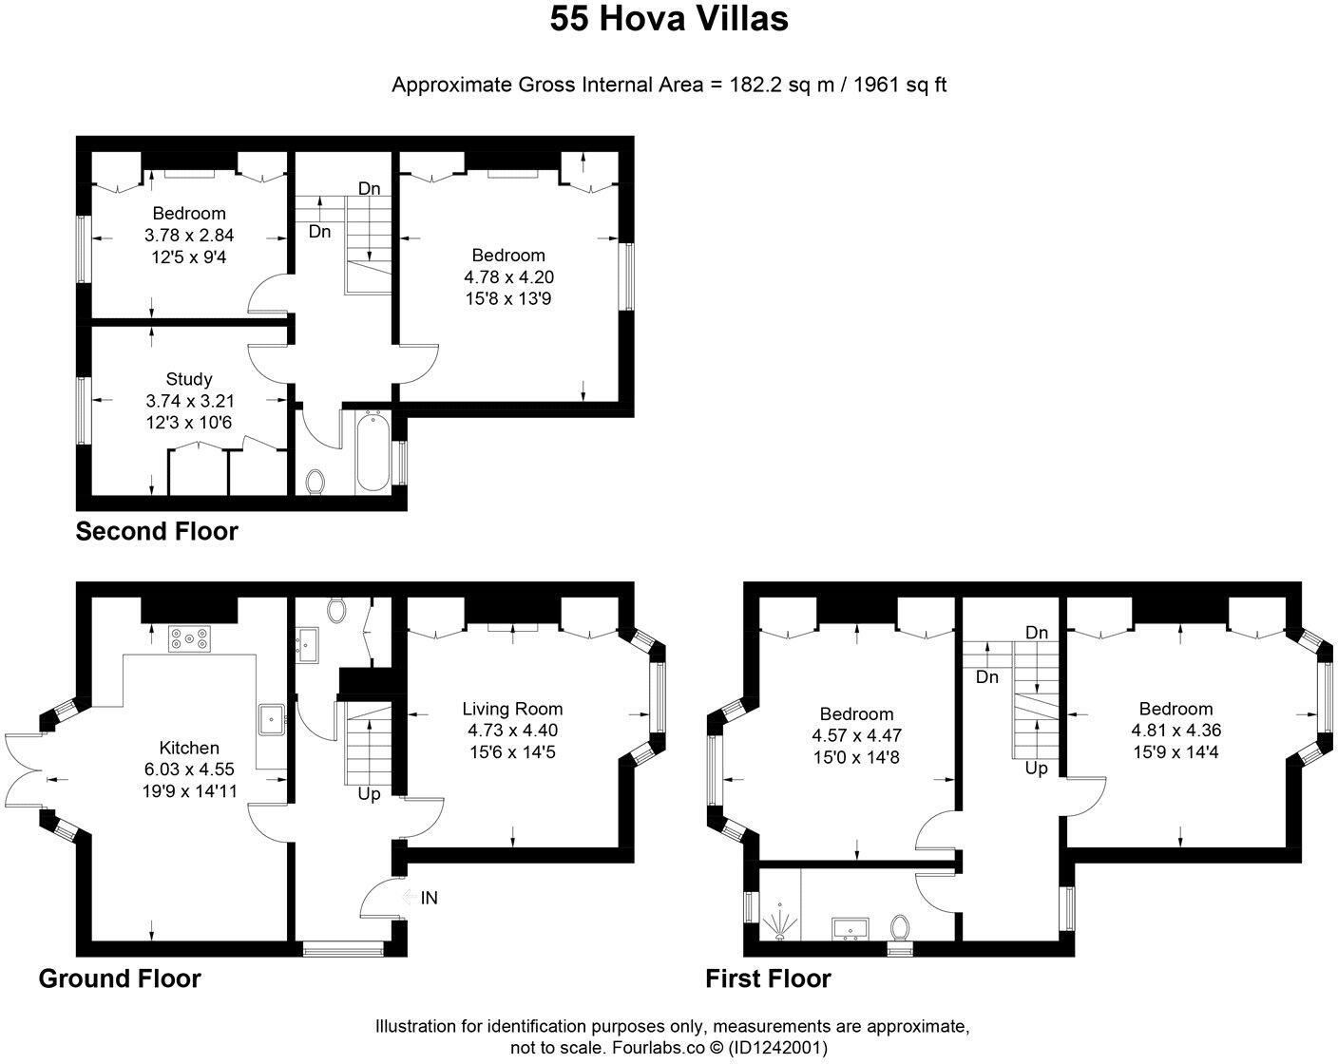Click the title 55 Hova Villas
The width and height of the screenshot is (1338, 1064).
669,19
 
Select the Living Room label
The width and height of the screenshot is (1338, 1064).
512,709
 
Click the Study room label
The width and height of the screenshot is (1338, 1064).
189,379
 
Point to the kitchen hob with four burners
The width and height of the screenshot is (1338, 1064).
189,639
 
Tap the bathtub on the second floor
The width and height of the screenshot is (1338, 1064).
373,451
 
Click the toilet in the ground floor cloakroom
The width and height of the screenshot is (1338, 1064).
336,609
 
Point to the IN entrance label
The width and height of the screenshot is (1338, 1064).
429,898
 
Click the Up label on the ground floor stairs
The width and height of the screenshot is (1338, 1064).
369,793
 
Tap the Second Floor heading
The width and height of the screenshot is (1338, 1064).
157,531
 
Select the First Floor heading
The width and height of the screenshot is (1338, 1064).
768,978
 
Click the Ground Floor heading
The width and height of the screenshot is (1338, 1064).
120,978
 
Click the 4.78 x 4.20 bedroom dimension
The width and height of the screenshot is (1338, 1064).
508,277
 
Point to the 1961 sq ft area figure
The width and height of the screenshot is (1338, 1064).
900,85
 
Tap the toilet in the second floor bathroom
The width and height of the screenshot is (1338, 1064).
316,483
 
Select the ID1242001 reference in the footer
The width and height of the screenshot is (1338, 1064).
778,1048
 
